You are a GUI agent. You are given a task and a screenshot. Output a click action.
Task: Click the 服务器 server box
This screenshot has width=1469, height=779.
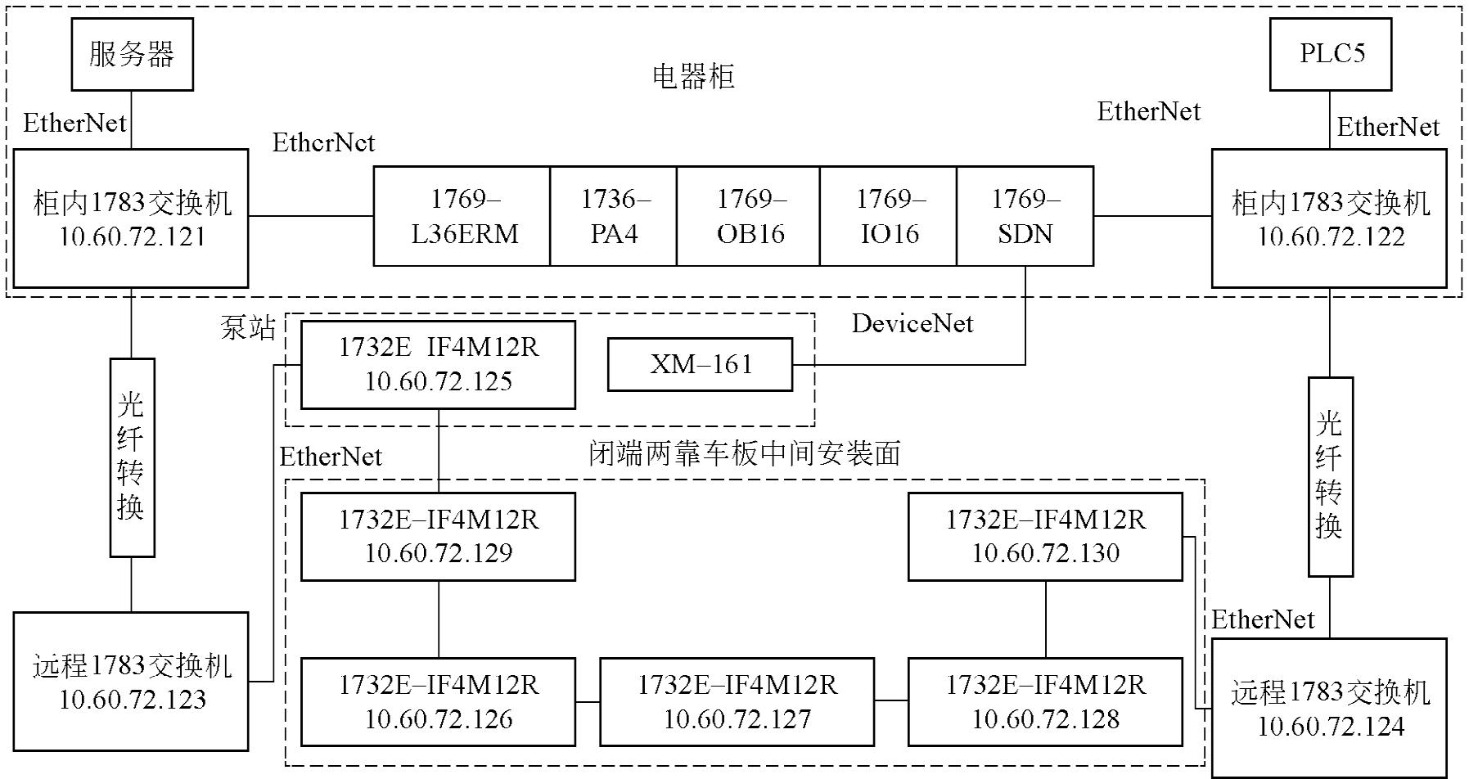(x=132, y=55)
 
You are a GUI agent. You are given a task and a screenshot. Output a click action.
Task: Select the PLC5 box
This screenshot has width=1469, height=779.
(x=1330, y=55)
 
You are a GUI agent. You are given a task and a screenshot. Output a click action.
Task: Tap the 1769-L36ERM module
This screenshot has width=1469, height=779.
(x=462, y=217)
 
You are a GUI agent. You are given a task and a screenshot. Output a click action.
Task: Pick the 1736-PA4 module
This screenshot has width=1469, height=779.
(x=613, y=217)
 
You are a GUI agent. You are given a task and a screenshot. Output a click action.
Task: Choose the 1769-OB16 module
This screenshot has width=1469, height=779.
(x=748, y=217)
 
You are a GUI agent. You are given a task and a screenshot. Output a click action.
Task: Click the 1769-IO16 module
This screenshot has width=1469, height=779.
(x=888, y=217)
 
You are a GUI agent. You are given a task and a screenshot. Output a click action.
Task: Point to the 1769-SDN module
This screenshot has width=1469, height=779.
(x=1025, y=217)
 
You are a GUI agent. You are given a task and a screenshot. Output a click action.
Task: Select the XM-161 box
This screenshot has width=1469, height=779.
(x=700, y=364)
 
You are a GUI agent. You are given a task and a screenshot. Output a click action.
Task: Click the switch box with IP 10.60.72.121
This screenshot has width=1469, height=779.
(x=131, y=218)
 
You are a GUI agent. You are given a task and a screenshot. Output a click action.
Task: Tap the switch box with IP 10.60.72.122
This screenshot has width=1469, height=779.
(x=1329, y=218)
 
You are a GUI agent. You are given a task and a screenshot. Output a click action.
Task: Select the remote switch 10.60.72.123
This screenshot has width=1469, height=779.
(x=131, y=682)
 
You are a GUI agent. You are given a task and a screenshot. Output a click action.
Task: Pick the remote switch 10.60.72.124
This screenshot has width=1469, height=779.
(x=1329, y=709)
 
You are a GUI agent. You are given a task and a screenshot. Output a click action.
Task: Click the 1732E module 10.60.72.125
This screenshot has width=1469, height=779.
(x=438, y=365)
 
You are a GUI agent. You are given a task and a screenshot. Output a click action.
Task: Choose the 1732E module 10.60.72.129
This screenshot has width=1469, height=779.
(x=438, y=537)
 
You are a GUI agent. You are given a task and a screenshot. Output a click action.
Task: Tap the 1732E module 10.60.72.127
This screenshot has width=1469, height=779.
(x=737, y=702)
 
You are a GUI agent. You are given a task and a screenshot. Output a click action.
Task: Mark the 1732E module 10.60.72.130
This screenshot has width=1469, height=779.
(x=1045, y=537)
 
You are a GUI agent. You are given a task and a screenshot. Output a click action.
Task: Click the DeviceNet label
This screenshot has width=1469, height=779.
(x=912, y=324)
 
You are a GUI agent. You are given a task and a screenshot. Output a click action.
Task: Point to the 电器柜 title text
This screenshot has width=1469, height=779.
(x=693, y=77)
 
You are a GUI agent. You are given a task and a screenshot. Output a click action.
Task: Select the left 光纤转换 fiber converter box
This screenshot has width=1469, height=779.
(x=133, y=457)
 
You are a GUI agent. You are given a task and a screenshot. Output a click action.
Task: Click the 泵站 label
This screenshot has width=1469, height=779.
(x=247, y=328)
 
